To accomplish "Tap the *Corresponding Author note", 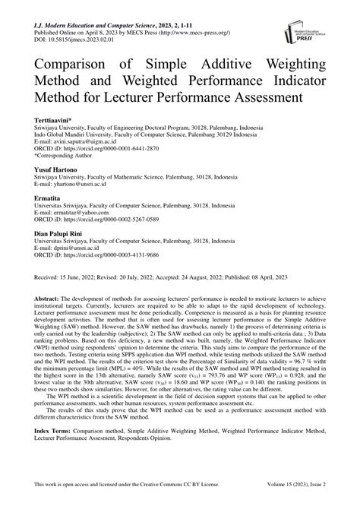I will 68,160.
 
